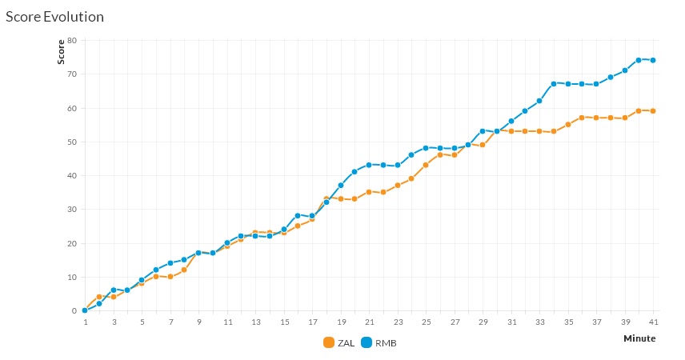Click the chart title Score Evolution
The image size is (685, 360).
54,16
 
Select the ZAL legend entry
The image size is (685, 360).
338,342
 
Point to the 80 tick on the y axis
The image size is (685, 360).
71,40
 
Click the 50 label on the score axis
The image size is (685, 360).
71,142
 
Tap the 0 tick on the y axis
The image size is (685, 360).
74,310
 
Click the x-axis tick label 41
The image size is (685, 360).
653,322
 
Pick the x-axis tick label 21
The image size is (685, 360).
369,322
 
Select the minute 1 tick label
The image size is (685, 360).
85,322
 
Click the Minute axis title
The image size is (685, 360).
639,338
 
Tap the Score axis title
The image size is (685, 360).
61,52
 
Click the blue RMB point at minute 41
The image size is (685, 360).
653,60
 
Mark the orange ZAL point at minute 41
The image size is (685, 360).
653,111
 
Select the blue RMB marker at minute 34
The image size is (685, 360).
554,83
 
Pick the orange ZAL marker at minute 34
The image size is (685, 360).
554,131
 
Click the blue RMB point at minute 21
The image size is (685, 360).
369,165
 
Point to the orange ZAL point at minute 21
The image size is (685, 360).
369,192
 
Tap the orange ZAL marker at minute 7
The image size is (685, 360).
170,277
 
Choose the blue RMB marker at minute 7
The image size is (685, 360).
170,263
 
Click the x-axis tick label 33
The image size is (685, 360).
539,322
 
